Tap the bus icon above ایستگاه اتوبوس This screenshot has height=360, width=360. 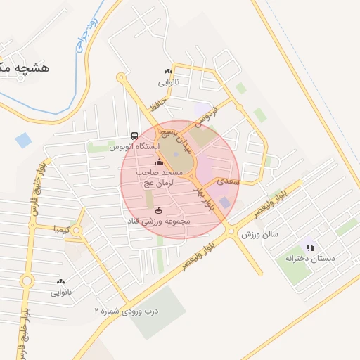click(134, 136)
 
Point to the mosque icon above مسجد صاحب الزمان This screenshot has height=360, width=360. click(158, 163)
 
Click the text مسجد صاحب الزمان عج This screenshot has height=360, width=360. click(162, 177)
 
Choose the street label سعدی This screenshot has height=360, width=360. click(228, 181)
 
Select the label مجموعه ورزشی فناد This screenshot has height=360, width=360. click(157, 221)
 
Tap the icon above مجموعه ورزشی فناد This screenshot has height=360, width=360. click(157, 210)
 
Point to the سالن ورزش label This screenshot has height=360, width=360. click(260, 233)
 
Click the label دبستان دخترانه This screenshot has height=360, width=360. click(310, 259)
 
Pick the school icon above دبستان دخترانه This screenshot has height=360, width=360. click(310, 247)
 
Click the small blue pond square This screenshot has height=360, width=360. click(23, 140)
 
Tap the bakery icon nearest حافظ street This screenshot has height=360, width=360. click(168, 71)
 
